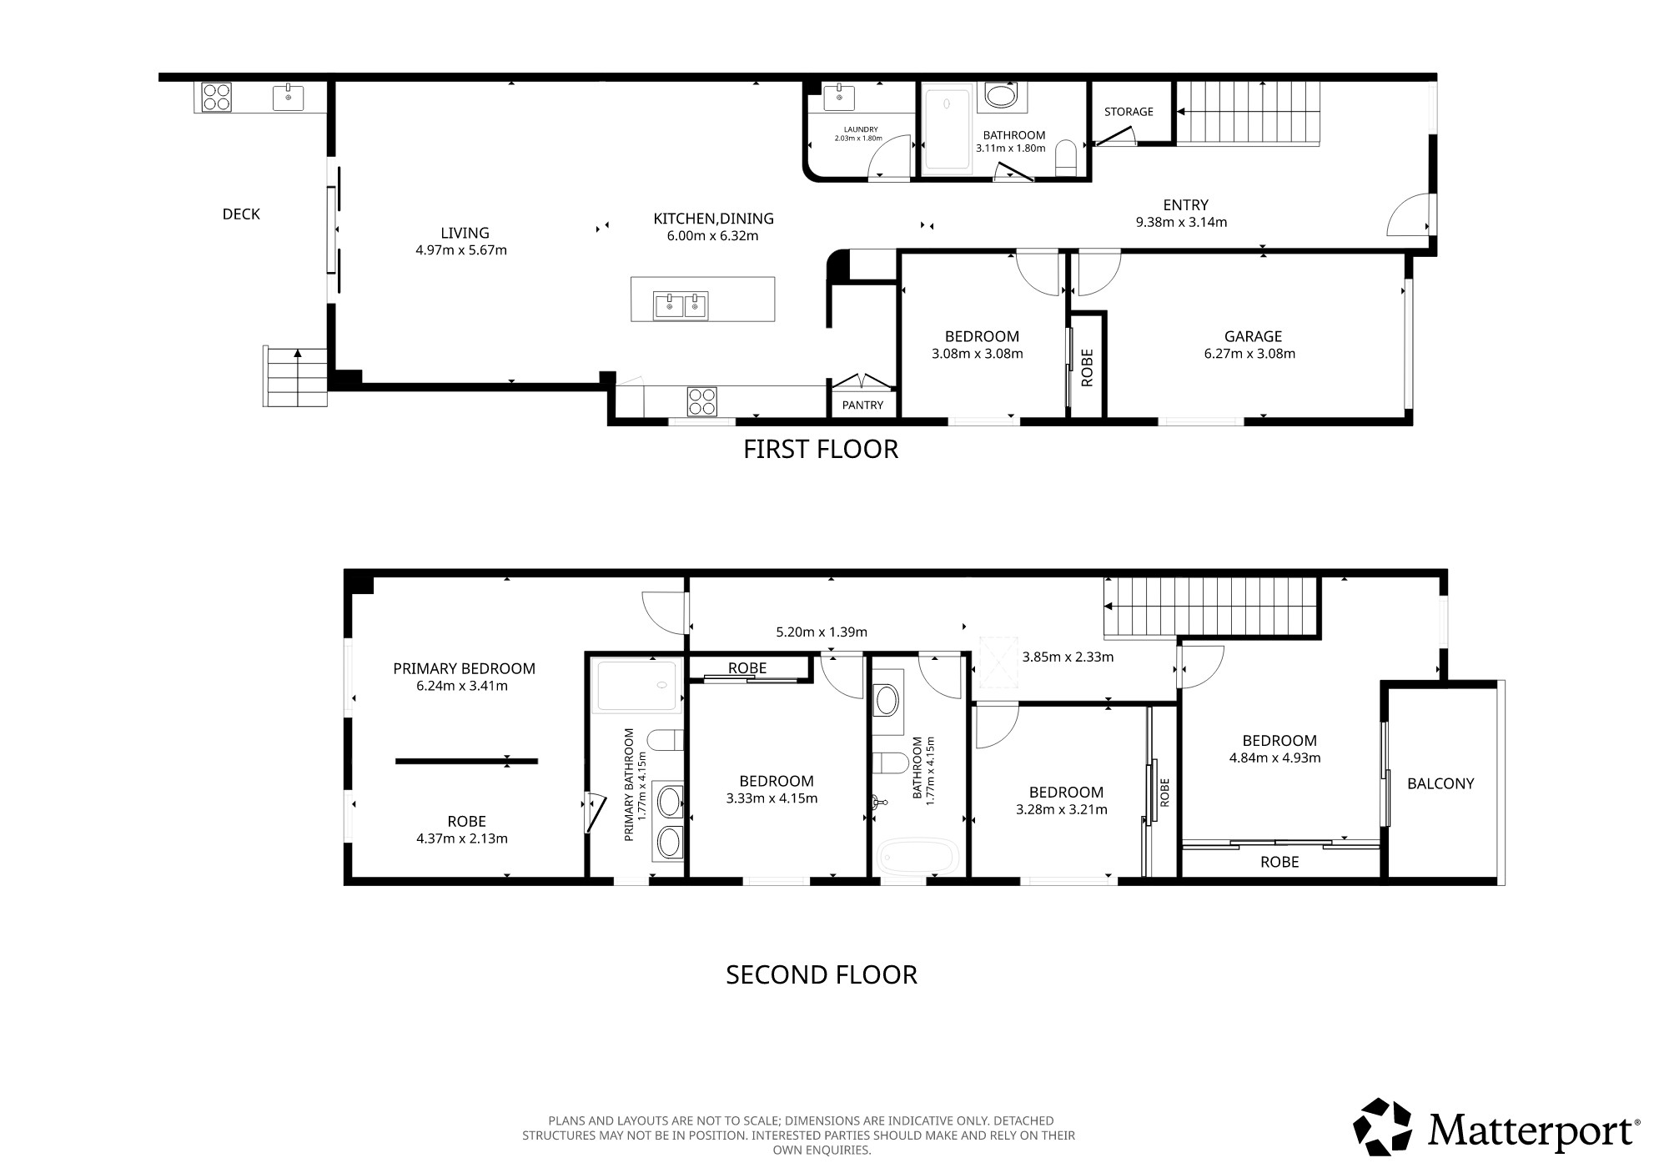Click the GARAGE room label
click(1253, 336)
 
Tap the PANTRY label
click(862, 405)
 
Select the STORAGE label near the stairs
click(1129, 112)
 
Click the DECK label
click(241, 214)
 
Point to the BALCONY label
click(1440, 783)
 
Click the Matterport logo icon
click(1381, 1127)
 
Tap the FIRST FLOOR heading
click(821, 449)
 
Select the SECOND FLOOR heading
click(822, 974)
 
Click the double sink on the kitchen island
click(681, 305)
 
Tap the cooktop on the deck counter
click(217, 97)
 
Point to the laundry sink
click(838, 97)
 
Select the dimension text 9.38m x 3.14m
click(1181, 222)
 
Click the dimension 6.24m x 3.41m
click(462, 686)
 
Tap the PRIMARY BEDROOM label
click(465, 668)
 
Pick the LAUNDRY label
click(861, 129)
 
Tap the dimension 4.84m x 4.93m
click(1274, 758)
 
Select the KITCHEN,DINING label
click(713, 219)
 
